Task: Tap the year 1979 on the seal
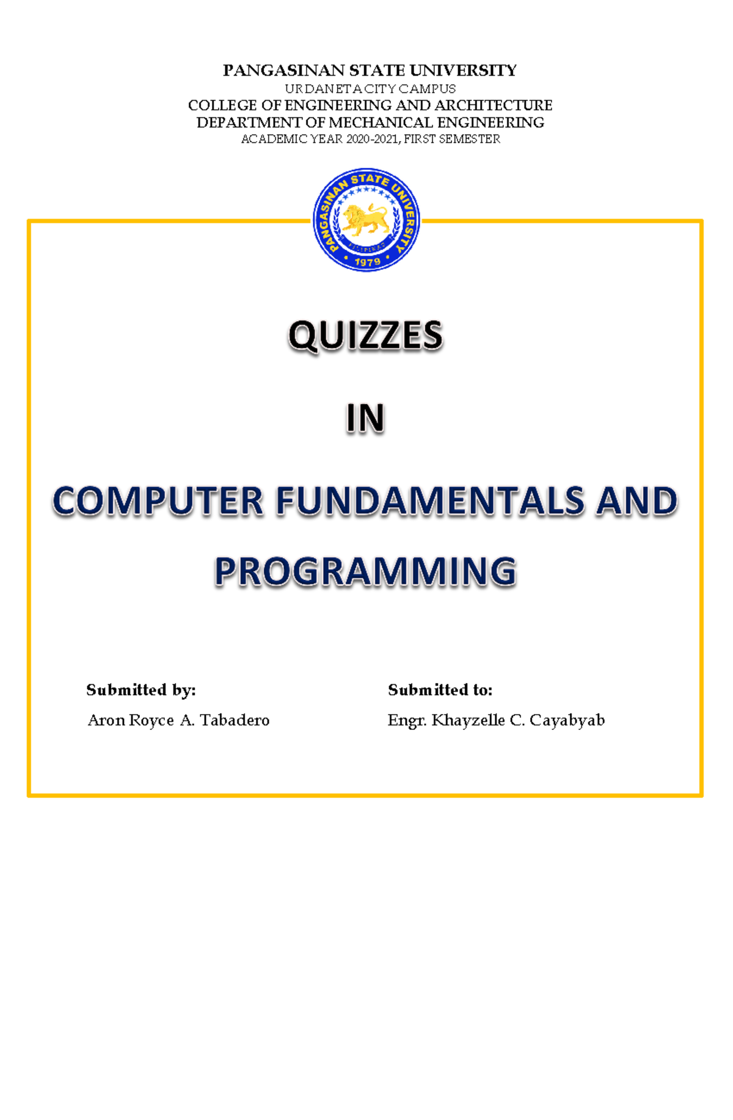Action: pos(367,262)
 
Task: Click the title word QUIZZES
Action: pos(365,336)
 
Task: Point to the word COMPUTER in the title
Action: pos(158,501)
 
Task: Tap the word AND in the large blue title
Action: pos(637,501)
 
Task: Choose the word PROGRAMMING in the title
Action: pos(365,572)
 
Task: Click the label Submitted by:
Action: pos(141,690)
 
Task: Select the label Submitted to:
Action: pos(440,690)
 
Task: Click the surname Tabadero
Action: pos(235,721)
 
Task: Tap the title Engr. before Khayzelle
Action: pos(406,721)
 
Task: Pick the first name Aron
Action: pos(106,721)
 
